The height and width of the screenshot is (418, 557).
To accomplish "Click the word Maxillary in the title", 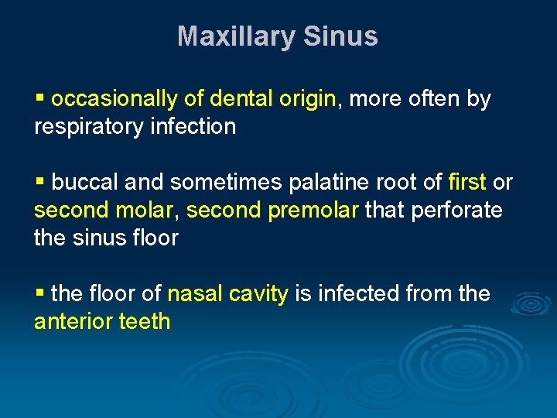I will (237, 36).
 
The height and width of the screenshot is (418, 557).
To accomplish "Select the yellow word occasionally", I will (114, 100).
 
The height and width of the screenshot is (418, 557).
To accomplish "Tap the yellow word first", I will (467, 183).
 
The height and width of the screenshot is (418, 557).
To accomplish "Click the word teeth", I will (145, 320).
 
